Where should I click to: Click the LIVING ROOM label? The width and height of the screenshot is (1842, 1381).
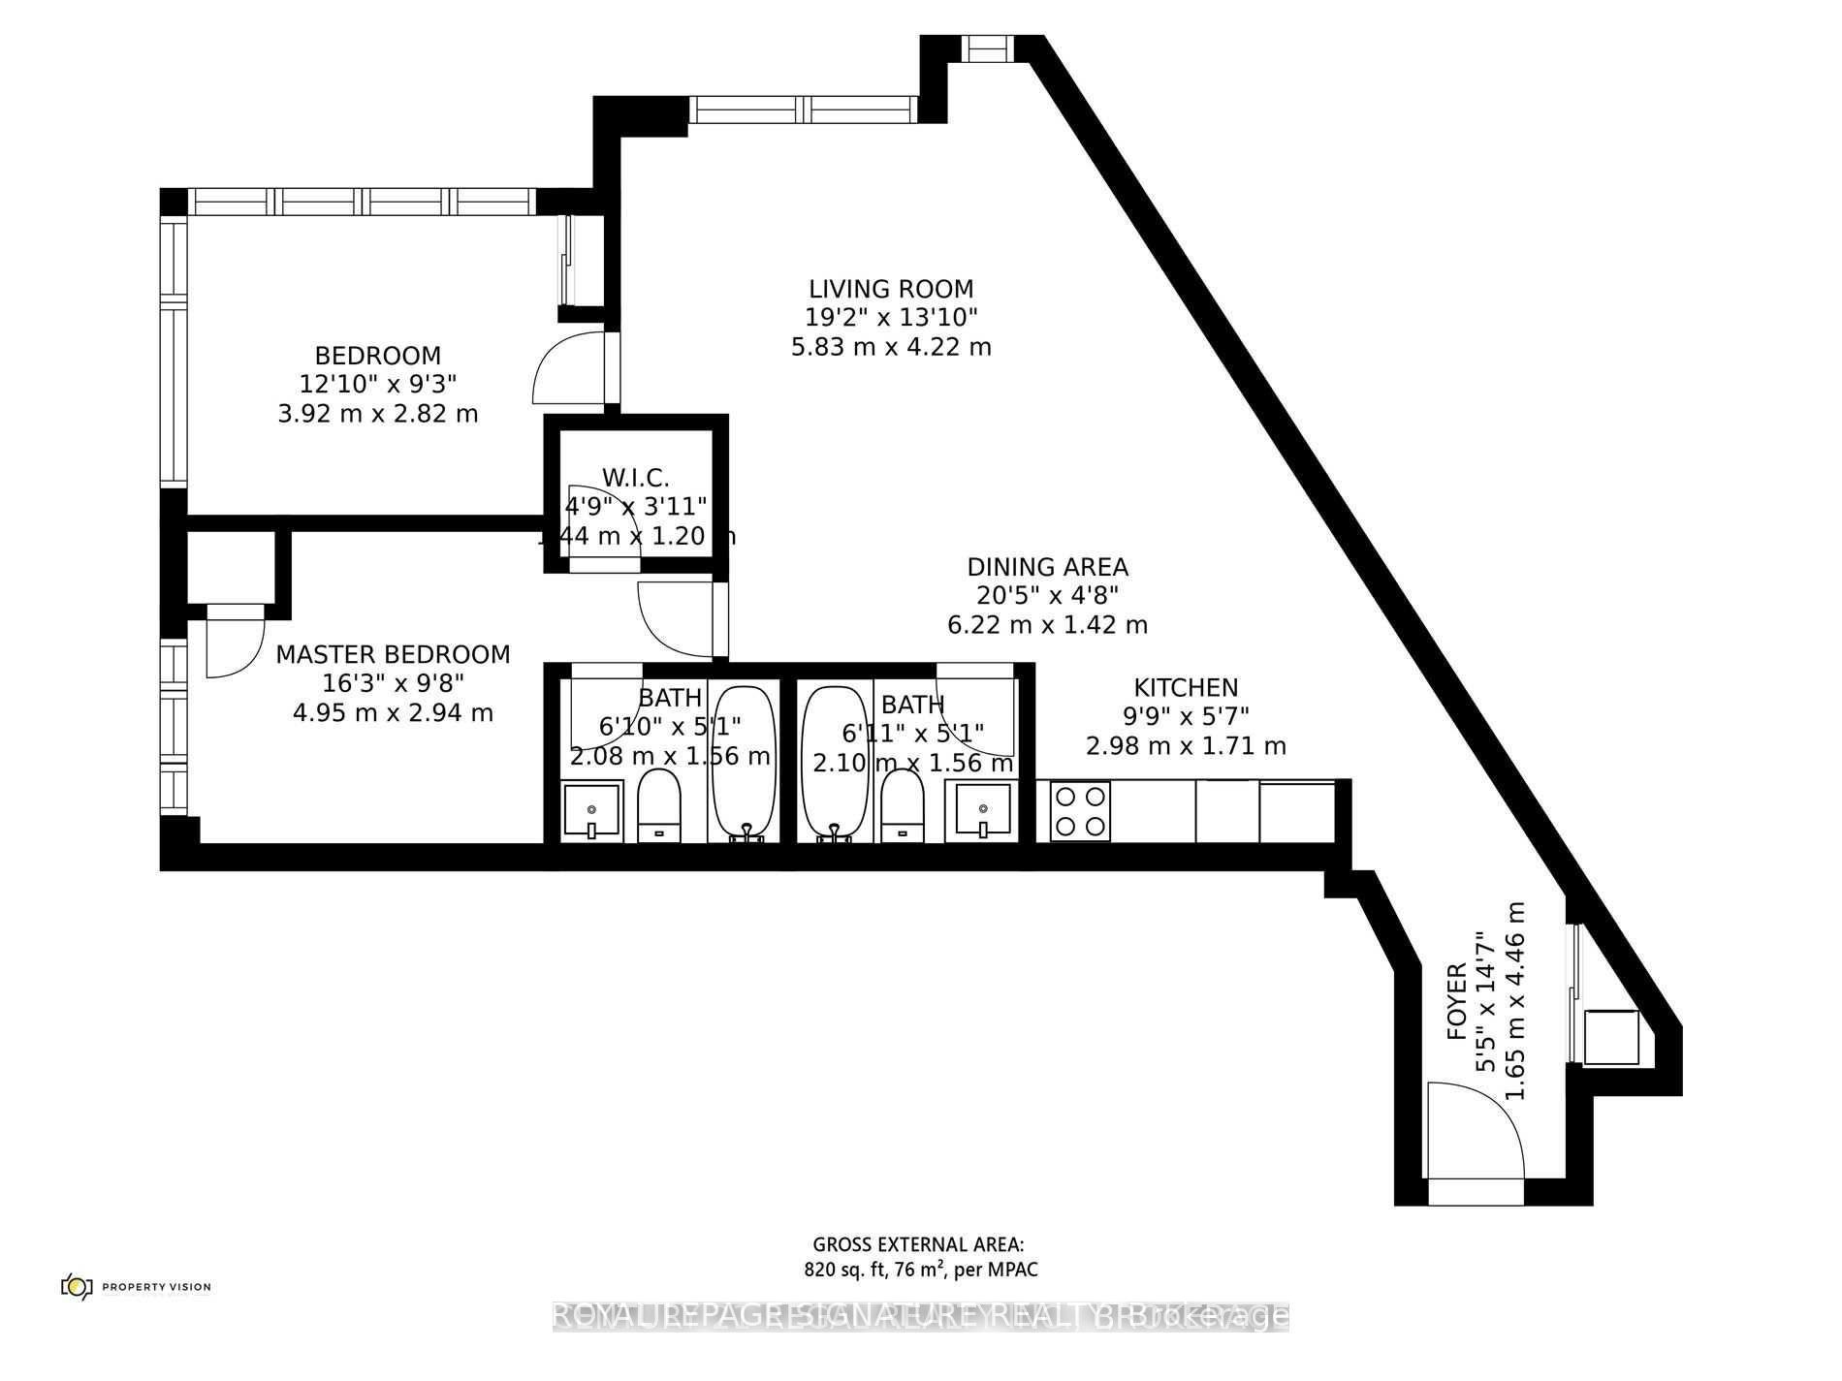tap(891, 289)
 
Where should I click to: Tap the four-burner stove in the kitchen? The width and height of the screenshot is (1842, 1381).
tap(1080, 810)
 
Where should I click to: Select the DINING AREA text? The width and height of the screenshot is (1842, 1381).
tap(1047, 567)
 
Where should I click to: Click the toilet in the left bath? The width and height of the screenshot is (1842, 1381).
tap(659, 804)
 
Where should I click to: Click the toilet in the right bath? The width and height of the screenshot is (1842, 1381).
tap(903, 804)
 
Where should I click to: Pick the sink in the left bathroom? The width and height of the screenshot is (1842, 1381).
tap(591, 810)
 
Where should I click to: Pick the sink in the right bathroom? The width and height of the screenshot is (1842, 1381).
tap(983, 810)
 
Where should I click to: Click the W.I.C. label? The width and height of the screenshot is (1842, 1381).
tap(636, 477)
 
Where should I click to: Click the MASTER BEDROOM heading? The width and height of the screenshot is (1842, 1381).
tap(393, 654)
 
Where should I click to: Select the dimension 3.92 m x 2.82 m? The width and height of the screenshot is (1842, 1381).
tap(377, 414)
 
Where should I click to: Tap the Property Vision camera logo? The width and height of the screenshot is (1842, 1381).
tap(76, 1286)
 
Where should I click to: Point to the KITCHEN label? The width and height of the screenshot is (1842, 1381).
tap(1186, 688)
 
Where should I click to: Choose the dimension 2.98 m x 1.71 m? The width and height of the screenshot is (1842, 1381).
tap(1186, 746)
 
